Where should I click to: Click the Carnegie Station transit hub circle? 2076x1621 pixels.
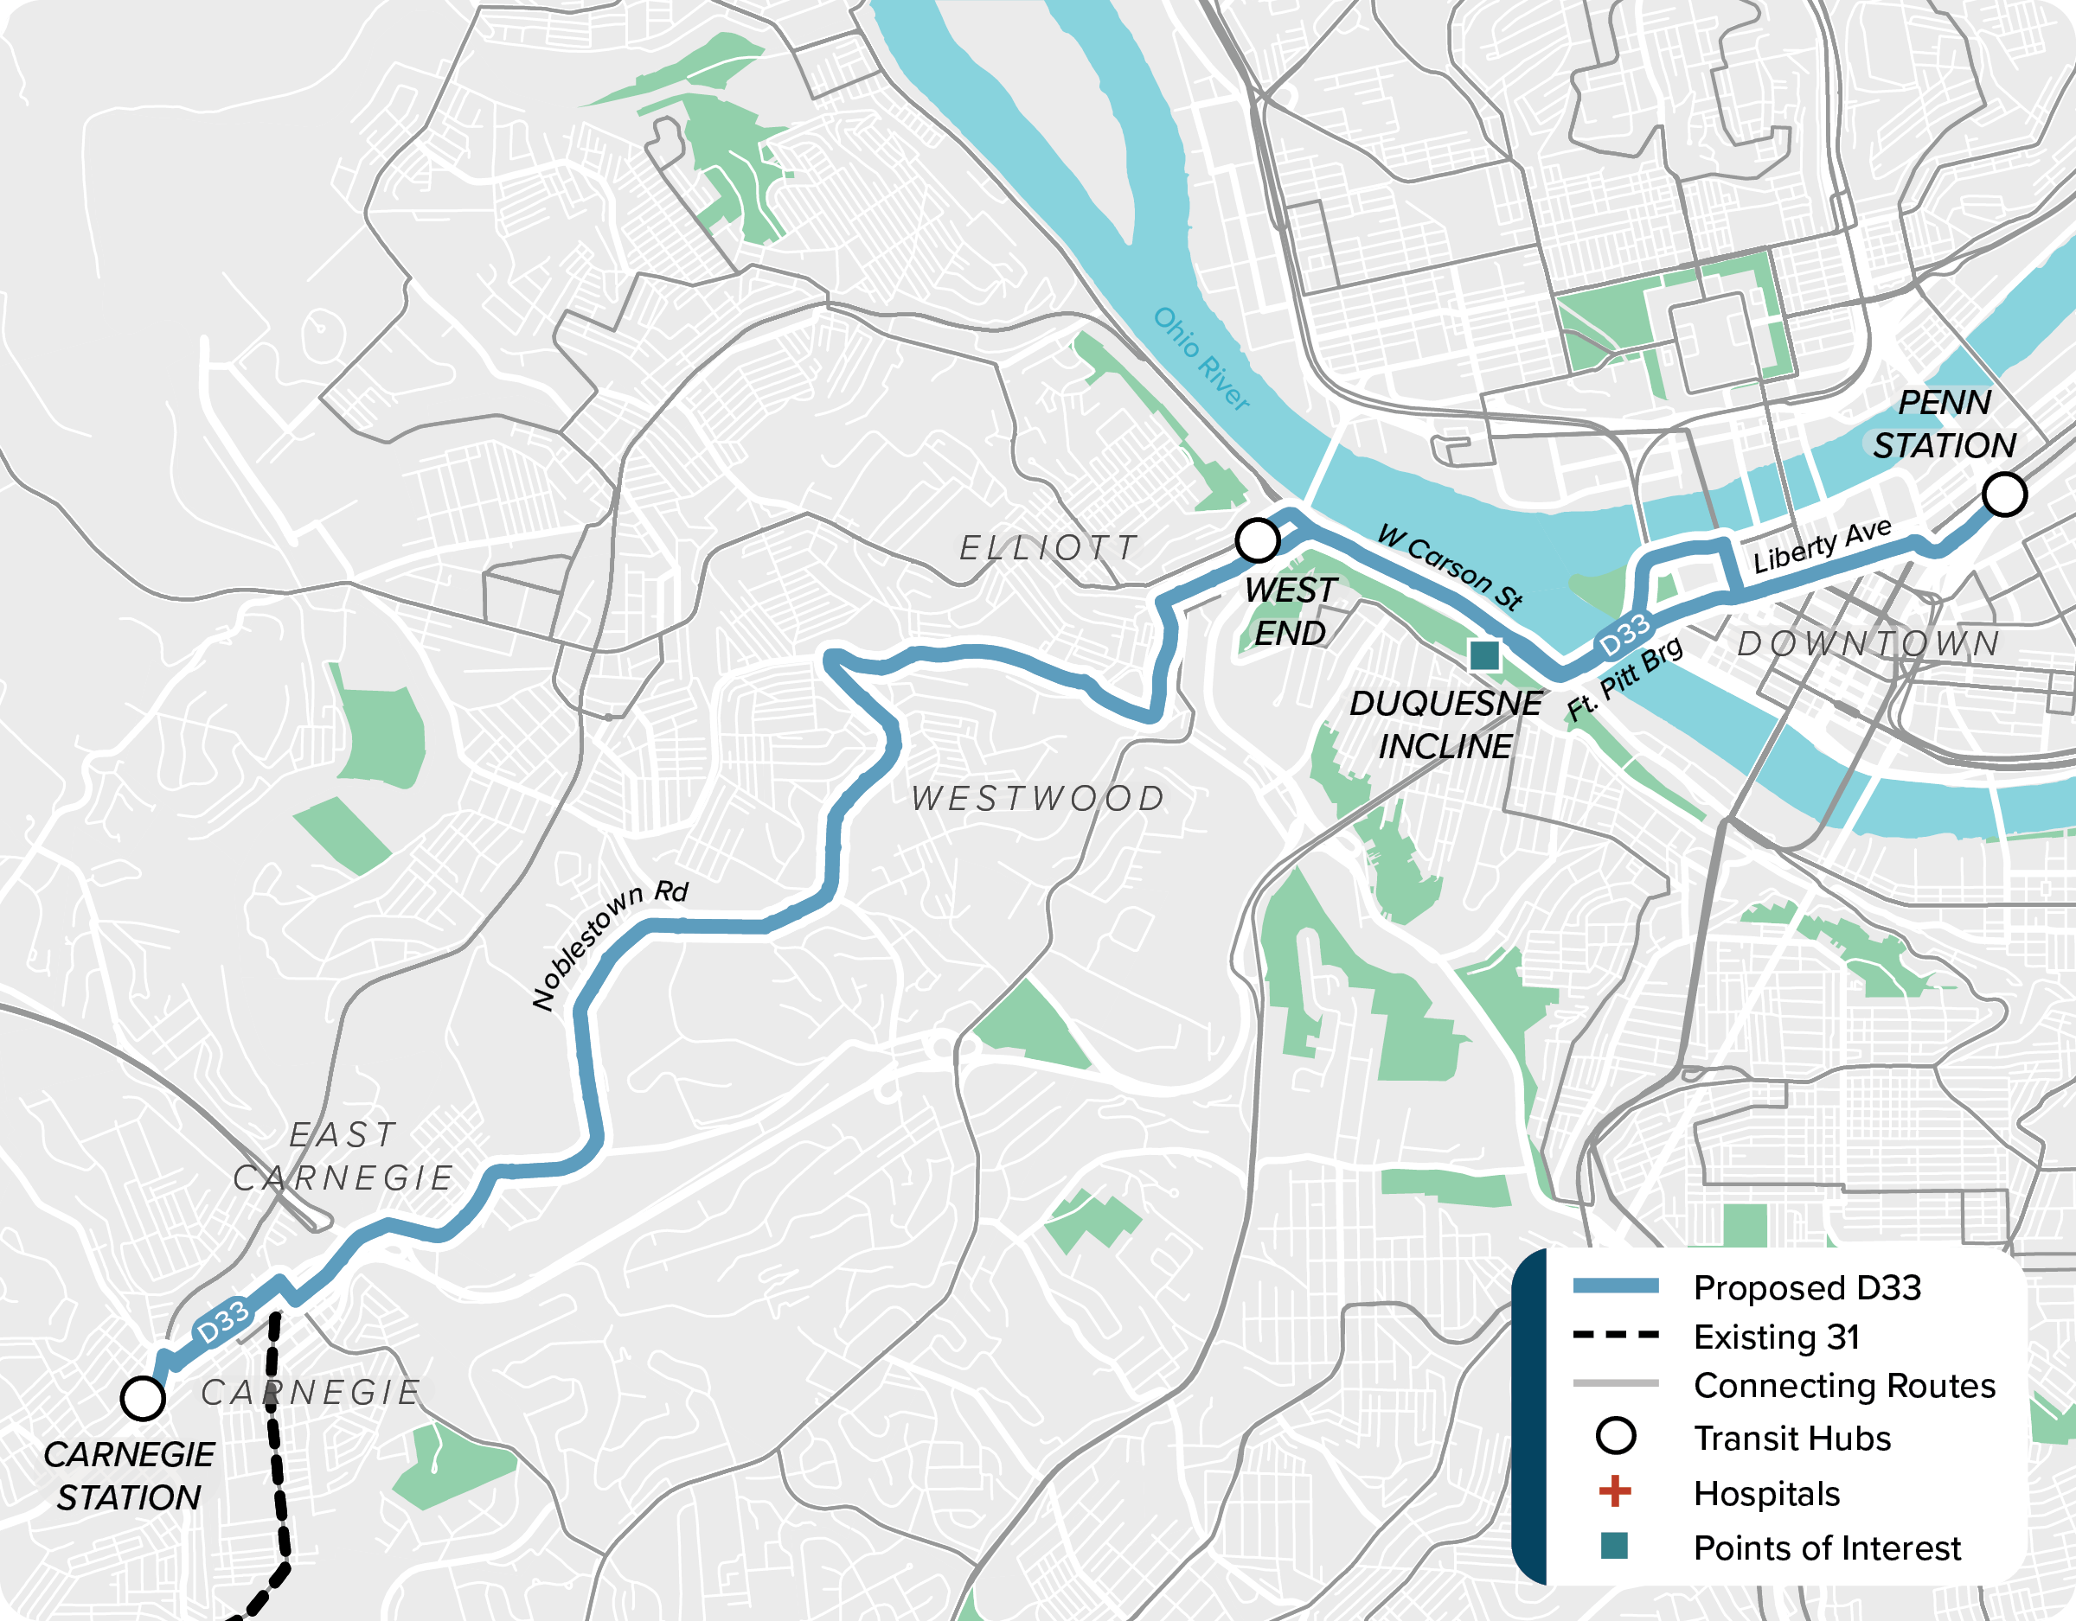143,1398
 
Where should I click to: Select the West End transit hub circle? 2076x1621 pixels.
1258,539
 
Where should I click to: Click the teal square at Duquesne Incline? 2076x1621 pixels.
1483,654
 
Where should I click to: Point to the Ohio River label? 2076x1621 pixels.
1201,358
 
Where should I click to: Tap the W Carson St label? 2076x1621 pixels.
1451,565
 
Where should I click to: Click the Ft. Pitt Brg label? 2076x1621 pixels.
1624,678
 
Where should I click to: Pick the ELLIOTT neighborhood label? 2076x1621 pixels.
1048,547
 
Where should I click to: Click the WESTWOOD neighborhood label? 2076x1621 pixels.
1038,798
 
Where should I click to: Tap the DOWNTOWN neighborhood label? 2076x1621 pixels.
1868,643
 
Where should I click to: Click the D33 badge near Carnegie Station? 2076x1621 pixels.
222,1321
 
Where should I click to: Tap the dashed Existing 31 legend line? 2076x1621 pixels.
1615,1335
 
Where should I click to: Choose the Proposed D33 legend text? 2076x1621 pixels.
1807,1287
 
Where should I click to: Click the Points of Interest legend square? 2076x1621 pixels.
1614,1546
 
